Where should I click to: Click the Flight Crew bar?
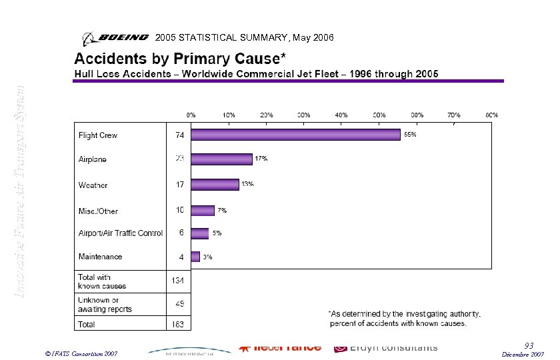coord(296,135)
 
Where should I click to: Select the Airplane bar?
coord(221,159)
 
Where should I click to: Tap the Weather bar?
coord(215,184)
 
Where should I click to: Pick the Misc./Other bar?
coord(203,211)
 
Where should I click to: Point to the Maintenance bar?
coord(195,257)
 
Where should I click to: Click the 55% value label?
coord(411,135)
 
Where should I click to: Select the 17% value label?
coord(261,159)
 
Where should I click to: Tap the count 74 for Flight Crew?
coord(179,135)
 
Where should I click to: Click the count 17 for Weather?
coord(179,185)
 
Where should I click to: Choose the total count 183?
coord(179,325)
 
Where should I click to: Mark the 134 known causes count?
coord(179,281)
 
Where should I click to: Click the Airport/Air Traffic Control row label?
coord(121,233)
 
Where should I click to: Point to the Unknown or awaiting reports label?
coord(105,305)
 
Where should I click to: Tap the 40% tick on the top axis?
coord(341,115)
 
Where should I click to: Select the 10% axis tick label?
coord(229,115)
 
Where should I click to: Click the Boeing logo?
coord(115,37)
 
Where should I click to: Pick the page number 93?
coord(530,345)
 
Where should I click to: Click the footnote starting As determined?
coord(405,319)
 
